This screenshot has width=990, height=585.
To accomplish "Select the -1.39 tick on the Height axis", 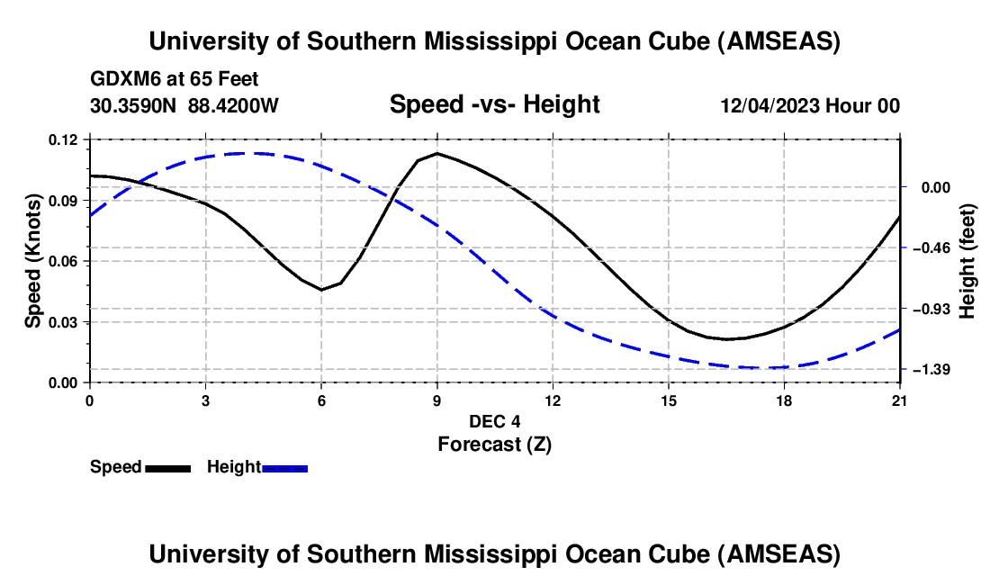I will point(925,369).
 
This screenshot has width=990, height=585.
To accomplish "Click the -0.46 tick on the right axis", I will point(925,247).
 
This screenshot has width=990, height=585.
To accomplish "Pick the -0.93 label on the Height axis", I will point(925,309).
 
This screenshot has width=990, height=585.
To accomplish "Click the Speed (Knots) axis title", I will point(32,261).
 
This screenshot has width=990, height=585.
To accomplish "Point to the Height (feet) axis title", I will point(967,261).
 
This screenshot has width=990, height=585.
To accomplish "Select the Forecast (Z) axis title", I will point(494,444).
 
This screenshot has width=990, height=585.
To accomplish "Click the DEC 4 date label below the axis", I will point(494,421).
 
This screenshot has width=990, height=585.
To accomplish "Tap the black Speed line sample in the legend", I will point(167,467).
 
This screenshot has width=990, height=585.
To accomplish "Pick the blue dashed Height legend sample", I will point(284,467).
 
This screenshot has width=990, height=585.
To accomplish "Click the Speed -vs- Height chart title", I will point(494,104).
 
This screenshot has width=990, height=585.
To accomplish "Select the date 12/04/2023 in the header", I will point(769,105).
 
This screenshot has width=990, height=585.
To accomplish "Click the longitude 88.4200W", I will point(233,105).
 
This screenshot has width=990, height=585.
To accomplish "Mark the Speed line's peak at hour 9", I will point(437,153).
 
